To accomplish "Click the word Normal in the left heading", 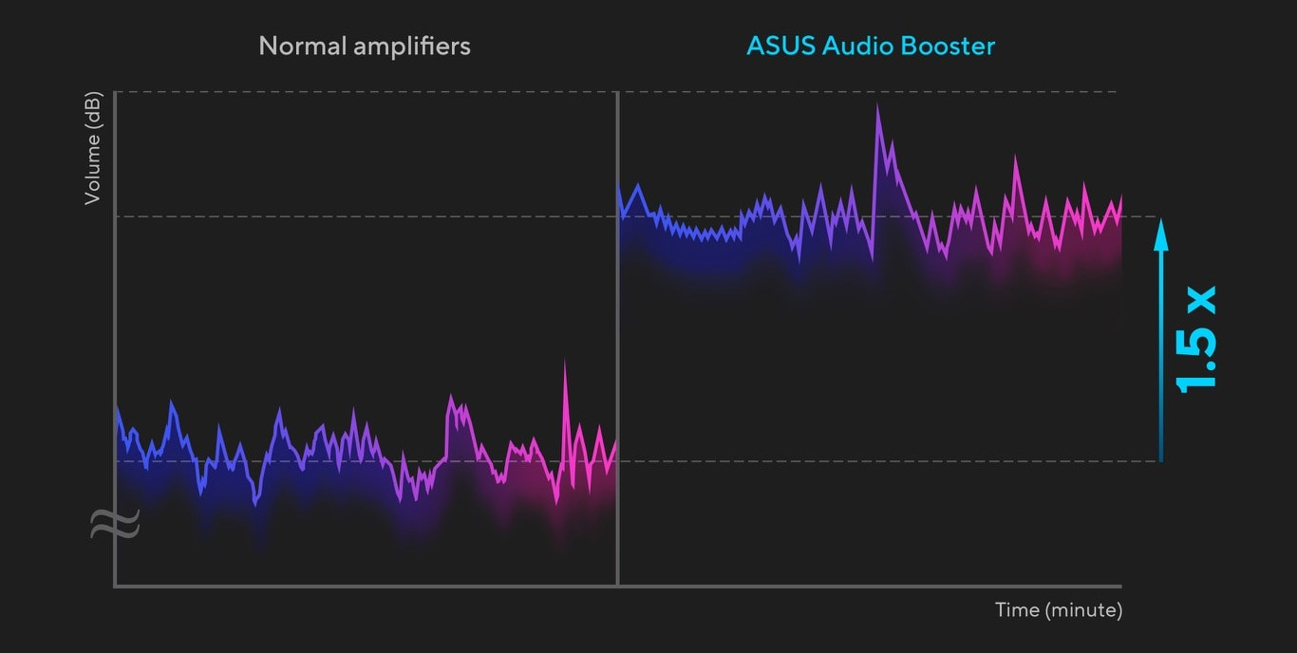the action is click(302, 47).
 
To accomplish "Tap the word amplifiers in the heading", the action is click(412, 47).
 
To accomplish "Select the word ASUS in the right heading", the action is click(781, 47).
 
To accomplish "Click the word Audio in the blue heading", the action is click(858, 47).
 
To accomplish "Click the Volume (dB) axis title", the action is click(93, 148).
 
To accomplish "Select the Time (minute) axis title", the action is click(1059, 610).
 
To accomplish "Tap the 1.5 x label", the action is click(1196, 340).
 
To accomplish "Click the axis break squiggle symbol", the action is click(115, 523).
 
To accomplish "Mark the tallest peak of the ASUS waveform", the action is click(877, 105).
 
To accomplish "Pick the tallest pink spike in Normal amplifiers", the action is click(565, 362).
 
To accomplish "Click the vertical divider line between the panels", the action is click(618, 339).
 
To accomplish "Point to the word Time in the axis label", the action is click(1017, 609).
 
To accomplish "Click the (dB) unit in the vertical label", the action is click(93, 110).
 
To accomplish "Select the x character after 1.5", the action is click(1202, 299).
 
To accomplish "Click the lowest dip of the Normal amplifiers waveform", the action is click(255, 504).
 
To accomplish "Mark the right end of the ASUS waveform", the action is click(1121, 196).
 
